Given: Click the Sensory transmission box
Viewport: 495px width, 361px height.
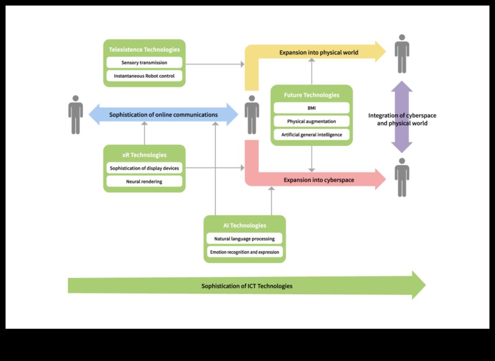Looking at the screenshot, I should click(x=144, y=63).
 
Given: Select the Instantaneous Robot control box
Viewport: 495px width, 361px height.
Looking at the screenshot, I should click(x=144, y=76).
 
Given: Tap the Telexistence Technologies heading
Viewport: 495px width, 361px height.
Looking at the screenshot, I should click(x=144, y=50).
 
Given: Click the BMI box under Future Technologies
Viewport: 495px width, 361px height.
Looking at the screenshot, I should click(x=311, y=108).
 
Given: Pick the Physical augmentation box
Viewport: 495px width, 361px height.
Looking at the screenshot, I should click(x=311, y=121).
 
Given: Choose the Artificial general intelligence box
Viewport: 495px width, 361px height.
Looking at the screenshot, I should click(x=311, y=134).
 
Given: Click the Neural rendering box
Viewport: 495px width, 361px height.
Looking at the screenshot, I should click(x=144, y=181).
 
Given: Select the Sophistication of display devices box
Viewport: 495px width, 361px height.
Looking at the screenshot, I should click(x=144, y=168).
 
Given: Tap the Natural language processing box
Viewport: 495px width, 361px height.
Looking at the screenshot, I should click(x=244, y=239).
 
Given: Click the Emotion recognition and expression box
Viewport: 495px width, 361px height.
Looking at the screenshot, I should click(x=244, y=252).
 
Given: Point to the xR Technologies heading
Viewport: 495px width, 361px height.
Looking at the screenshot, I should click(x=144, y=155).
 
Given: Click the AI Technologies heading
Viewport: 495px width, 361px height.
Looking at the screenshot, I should click(x=244, y=225).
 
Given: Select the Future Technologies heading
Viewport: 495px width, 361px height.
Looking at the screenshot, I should click(x=311, y=95).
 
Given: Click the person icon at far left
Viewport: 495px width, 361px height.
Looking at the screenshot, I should click(x=75, y=115).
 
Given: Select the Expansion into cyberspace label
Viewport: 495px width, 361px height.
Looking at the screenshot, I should click(x=318, y=180).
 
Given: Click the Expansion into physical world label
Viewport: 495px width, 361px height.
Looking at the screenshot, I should click(x=318, y=52).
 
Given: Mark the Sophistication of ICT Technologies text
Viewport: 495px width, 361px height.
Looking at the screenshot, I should click(x=247, y=286).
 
